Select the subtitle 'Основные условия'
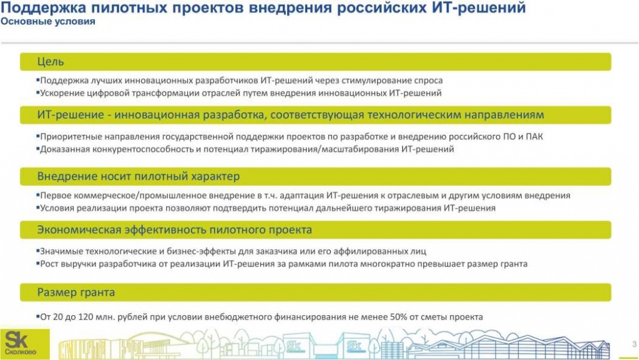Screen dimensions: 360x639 point(47,22)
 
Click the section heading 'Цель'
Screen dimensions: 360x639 point(51,62)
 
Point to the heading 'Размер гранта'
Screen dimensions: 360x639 point(76,292)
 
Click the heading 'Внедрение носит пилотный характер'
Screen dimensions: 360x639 point(138,177)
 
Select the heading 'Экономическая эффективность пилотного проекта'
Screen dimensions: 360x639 point(175,230)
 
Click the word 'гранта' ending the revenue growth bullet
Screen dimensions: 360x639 point(514,264)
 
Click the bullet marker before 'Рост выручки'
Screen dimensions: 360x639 point(38,263)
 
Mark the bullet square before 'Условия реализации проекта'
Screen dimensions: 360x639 point(38,207)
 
